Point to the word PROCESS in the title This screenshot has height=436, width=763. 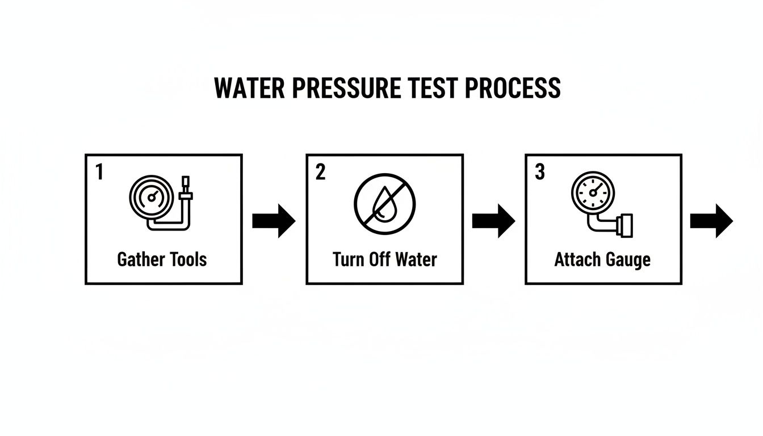(513, 89)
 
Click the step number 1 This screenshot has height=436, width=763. (99, 173)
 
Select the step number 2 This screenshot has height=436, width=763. (321, 173)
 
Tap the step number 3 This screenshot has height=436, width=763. (540, 173)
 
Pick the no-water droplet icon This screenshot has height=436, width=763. (384, 203)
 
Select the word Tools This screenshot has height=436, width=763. (187, 259)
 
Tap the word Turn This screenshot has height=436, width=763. (349, 259)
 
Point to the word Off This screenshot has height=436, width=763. (381, 259)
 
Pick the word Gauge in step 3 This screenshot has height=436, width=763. (628, 260)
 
